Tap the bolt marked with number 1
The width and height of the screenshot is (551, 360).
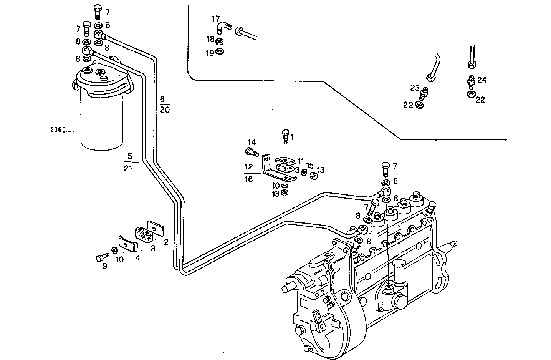coord(285,136)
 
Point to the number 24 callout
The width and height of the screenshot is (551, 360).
coord(482,80)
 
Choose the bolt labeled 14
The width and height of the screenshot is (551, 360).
coord(250,152)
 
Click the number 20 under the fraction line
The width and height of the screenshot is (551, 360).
coord(165,110)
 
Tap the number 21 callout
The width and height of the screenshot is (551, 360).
coord(128,168)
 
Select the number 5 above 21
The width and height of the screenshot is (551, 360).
coord(130,156)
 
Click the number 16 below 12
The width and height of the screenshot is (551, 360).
coord(249,179)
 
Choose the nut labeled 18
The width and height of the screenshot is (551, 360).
coord(221,41)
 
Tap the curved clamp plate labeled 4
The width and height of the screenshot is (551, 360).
coord(128,244)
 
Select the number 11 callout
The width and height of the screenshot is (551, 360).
coord(300,161)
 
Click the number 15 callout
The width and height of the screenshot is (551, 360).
coord(310,166)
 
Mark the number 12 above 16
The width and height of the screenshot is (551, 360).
coord(249,167)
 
